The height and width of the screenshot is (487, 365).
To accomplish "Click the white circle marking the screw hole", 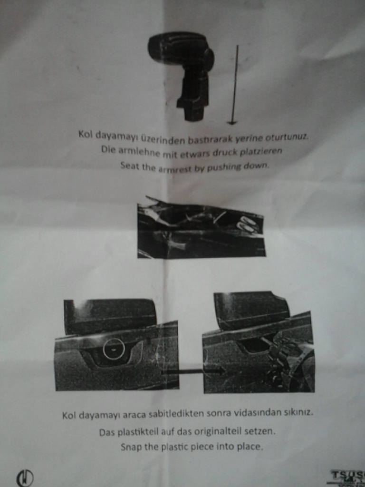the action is (114, 349).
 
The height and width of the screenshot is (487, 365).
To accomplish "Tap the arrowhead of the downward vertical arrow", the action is (232, 123).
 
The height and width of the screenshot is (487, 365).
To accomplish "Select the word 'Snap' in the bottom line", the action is (130, 447).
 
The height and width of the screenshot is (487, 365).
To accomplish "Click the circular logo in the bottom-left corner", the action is (25, 477).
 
